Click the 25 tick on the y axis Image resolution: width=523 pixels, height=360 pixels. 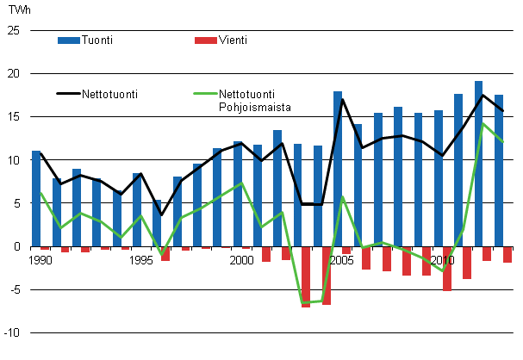(x=13, y=30)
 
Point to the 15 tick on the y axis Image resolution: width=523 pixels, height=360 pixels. (x=13, y=116)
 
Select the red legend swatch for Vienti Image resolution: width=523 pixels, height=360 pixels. (x=206, y=40)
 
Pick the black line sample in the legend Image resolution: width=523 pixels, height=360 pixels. (x=66, y=93)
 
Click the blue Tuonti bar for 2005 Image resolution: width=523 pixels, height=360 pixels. (x=338, y=168)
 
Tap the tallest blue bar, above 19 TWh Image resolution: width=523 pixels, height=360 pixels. (x=478, y=164)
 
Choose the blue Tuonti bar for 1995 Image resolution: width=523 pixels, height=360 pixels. (x=137, y=209)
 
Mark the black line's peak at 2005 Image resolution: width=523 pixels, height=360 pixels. (x=342, y=99)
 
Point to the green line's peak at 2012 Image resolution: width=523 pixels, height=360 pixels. (x=483, y=123)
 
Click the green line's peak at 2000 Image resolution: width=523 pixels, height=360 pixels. (x=242, y=183)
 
